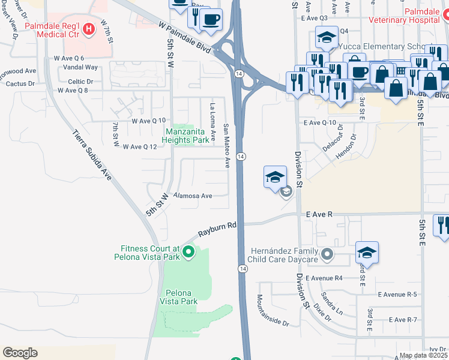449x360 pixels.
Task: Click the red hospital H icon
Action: click(x=89, y=28)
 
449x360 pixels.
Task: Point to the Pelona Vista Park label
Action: click(x=178, y=297)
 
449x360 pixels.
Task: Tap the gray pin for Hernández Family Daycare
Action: click(x=327, y=255)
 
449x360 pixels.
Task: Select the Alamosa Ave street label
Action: click(x=193, y=196)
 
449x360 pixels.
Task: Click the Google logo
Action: click(x=20, y=353)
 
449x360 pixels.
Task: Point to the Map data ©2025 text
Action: click(x=423, y=355)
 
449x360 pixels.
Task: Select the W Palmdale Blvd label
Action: click(x=185, y=37)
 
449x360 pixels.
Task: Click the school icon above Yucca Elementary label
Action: click(x=327, y=38)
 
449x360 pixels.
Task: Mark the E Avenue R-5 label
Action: click(x=397, y=295)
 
